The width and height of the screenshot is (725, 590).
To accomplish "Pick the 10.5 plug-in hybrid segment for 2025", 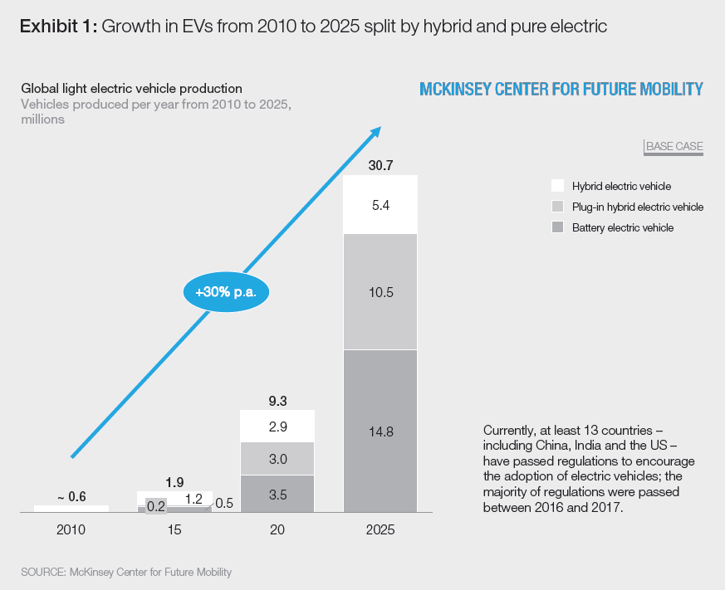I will [x=380, y=292].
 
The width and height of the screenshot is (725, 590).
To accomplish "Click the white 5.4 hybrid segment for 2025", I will [x=380, y=204].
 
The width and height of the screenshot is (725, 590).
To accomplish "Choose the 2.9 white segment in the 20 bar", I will [x=277, y=427].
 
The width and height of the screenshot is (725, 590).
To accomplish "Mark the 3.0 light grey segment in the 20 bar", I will [x=277, y=459].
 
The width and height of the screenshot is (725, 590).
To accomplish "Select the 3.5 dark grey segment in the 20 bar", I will [x=277, y=494].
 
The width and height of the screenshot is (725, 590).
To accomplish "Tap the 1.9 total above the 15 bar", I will [x=174, y=480].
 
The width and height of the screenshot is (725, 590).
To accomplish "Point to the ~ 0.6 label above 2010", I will [x=71, y=497].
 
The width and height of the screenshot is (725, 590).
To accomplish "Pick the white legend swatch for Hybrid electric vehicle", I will [x=557, y=186].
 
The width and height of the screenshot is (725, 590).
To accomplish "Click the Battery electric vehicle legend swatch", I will [x=557, y=227].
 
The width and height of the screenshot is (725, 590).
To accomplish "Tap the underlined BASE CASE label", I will [x=674, y=147].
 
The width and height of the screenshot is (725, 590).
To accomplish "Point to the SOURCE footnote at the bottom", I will [x=126, y=572].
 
